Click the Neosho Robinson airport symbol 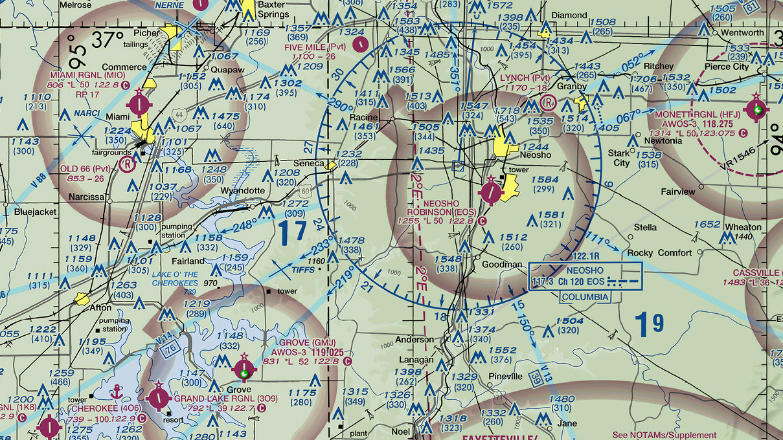pyautogui.click(x=492, y=192)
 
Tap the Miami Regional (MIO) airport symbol pyautogui.click(x=139, y=104)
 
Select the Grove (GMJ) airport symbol pyautogui.click(x=244, y=370)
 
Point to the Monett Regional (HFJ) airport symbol pyautogui.click(x=756, y=109)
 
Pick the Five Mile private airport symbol pyautogui.click(x=363, y=44)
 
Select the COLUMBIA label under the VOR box pyautogui.click(x=585, y=297)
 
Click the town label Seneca pyautogui.click(x=310, y=164)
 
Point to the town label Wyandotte pyautogui.click(x=243, y=191)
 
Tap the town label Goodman pyautogui.click(x=501, y=264)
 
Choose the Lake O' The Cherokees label pyautogui.click(x=175, y=279)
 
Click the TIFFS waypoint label pyautogui.click(x=302, y=270)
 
